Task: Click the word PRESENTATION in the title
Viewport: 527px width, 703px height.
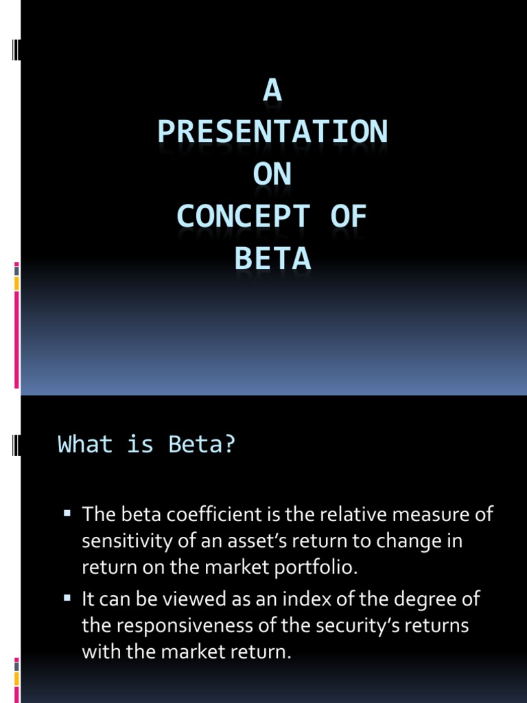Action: (272, 131)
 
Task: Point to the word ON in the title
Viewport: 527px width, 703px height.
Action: (272, 174)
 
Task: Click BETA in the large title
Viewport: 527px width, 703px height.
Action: (272, 260)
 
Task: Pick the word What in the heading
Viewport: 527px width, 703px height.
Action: (85, 445)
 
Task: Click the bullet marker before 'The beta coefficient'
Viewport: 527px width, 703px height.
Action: (67, 513)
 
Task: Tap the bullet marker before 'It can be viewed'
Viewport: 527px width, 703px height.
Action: (67, 599)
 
